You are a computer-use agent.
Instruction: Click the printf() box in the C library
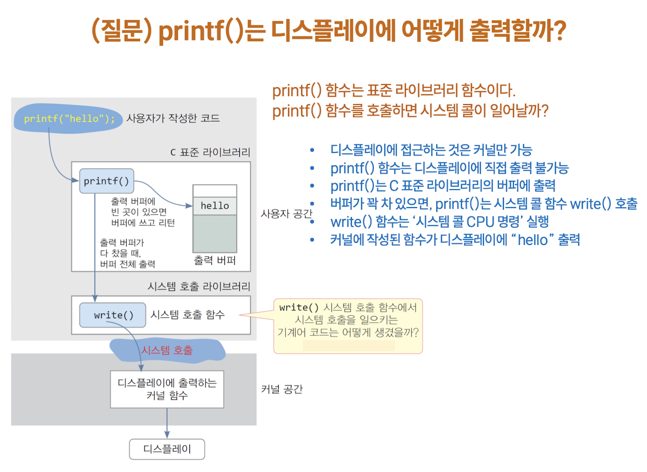pos(106,181)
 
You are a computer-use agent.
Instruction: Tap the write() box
pos(113,315)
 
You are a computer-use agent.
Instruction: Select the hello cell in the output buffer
pos(215,206)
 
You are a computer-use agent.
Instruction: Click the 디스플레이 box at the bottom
pos(167,449)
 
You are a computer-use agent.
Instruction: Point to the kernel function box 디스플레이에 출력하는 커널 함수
pos(167,389)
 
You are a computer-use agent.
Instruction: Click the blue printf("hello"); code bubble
pos(69,118)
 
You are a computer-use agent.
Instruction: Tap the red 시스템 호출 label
pos(167,351)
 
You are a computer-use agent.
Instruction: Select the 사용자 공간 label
pos(286,214)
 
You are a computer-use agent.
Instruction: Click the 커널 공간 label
pos(282,389)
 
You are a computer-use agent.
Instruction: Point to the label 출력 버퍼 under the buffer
pos(215,260)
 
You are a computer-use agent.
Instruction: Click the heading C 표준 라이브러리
pos(210,152)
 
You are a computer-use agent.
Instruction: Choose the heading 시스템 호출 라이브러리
pos(199,286)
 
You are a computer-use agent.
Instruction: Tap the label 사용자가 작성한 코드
pos(173,118)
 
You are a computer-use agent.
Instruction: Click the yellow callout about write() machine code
pos(348,326)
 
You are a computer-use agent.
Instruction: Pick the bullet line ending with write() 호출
pos(484,204)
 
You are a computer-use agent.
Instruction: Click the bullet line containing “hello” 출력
pos(455,239)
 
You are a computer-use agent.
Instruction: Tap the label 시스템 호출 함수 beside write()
pos(187,315)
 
